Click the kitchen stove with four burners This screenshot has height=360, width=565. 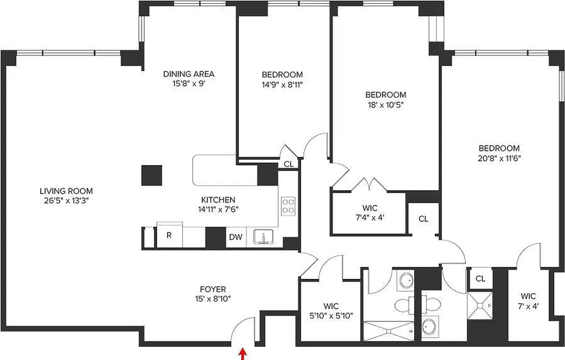tap(288, 206)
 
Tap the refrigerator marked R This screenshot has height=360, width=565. tap(169, 235)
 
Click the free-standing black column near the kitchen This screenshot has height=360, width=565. tap(152, 175)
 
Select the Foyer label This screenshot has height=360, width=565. tap(213, 289)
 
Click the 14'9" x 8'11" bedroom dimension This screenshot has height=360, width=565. tap(282, 84)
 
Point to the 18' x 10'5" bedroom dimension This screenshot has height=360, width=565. tap(385, 104)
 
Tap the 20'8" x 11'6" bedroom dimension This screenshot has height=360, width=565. tap(499, 158)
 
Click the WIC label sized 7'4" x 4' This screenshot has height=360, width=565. tap(370, 208)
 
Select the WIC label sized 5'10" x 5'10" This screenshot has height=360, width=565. tap(331, 306)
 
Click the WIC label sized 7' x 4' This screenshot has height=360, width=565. tap(528, 296)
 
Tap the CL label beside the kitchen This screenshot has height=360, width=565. tap(289, 164)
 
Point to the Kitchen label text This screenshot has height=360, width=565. tap(218, 200)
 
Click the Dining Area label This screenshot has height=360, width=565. tap(188, 74)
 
